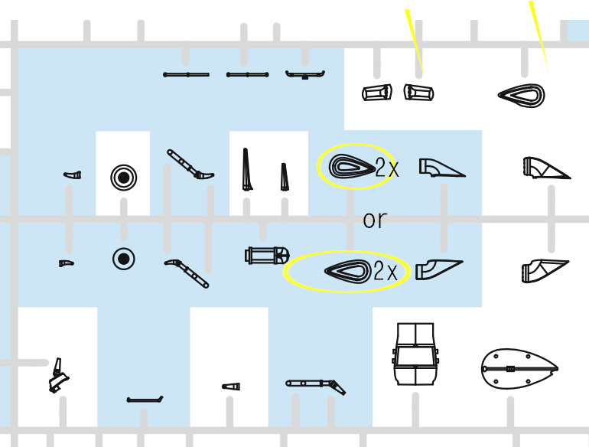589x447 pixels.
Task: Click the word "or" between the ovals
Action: (x=375, y=220)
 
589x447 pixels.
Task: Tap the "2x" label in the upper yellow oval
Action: (x=387, y=168)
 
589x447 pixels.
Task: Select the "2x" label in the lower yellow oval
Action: (x=386, y=271)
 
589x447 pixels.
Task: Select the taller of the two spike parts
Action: (x=246, y=169)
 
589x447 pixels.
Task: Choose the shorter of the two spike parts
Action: (x=284, y=177)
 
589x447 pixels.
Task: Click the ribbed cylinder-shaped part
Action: (x=267, y=256)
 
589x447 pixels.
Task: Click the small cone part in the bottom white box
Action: (x=231, y=387)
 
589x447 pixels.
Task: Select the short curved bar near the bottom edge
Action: (x=145, y=400)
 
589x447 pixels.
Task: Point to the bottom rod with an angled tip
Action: (x=315, y=385)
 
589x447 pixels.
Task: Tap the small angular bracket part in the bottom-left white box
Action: (x=59, y=376)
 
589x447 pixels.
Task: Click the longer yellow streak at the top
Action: (x=539, y=36)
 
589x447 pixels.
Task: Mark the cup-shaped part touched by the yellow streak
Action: (x=419, y=93)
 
